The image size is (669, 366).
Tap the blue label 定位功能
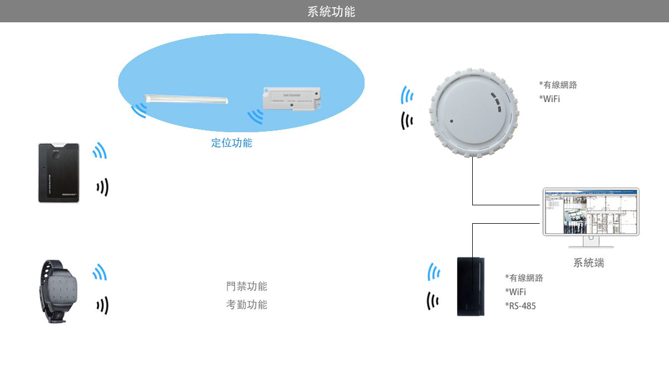[231, 143]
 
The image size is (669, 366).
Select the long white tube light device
[186, 100]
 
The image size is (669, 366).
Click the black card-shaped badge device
[59, 172]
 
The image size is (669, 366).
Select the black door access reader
[471, 286]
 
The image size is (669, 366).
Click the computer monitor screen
[590, 212]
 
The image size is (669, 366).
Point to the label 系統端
[588, 263]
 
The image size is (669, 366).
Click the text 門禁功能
[246, 287]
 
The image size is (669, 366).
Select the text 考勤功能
[246, 305]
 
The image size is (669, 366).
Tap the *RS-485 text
[520, 306]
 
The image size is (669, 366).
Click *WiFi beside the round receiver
[549, 99]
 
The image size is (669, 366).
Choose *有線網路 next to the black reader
[523, 278]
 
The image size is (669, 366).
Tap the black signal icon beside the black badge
[102, 188]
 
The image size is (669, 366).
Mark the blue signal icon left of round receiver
[407, 95]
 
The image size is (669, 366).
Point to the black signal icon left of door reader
[433, 301]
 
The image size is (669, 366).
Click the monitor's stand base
[590, 245]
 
